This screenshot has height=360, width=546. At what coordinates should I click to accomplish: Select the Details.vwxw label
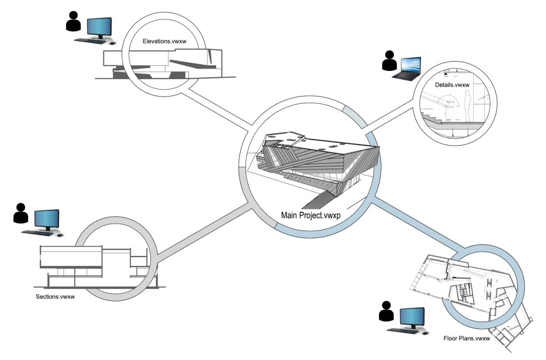click(x=453, y=84)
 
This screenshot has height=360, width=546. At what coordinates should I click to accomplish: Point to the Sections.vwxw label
click(x=55, y=296)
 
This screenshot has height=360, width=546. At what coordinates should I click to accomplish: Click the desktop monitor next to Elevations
click(x=99, y=27)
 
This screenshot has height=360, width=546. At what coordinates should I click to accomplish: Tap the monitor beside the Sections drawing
click(x=47, y=219)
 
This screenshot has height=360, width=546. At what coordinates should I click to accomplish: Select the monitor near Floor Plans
click(x=413, y=317)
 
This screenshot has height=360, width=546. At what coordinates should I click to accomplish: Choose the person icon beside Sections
click(x=21, y=214)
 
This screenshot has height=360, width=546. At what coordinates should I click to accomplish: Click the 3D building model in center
click(x=315, y=162)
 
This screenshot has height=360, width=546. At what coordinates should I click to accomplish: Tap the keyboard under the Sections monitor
click(x=39, y=233)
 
